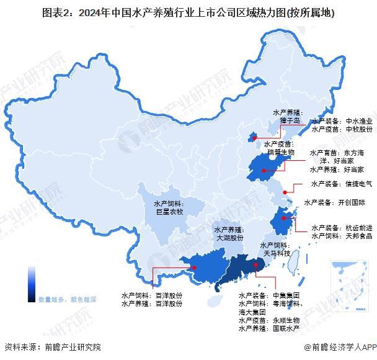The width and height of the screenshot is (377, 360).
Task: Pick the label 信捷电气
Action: (x=358, y=184)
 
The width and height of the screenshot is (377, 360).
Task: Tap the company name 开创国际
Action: (x=351, y=202)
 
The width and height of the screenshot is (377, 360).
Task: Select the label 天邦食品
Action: (x=358, y=236)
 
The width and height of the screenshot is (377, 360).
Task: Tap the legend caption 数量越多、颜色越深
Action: (x=67, y=299)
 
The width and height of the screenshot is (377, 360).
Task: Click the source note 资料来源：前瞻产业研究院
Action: (x=52, y=348)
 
